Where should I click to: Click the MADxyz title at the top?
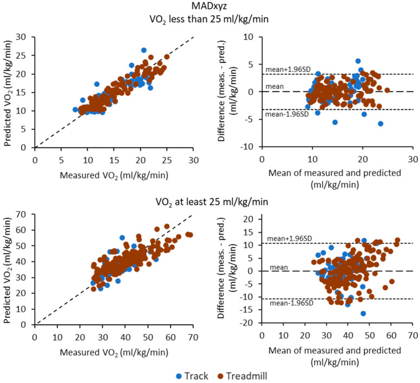[x=209, y=7]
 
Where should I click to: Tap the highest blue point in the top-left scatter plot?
[x=144, y=51]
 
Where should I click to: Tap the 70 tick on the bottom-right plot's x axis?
[x=412, y=335]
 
